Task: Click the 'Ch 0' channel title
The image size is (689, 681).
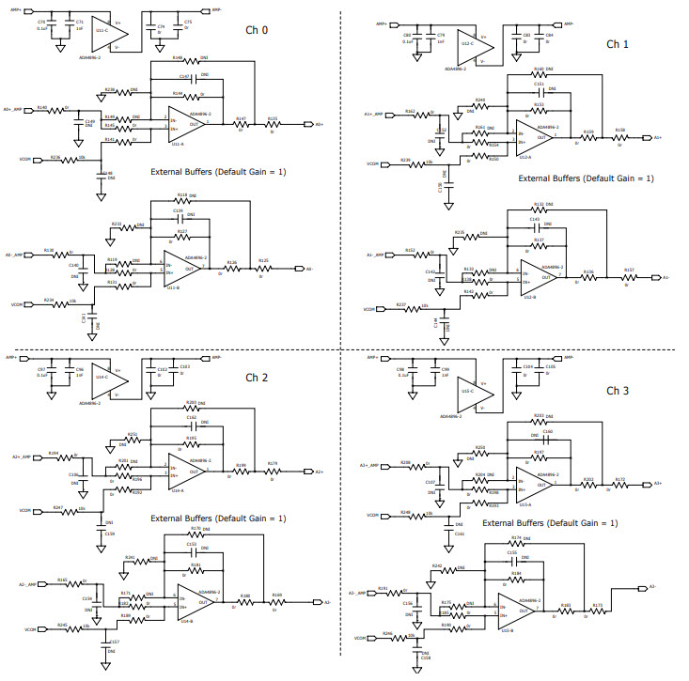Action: [257, 31]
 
